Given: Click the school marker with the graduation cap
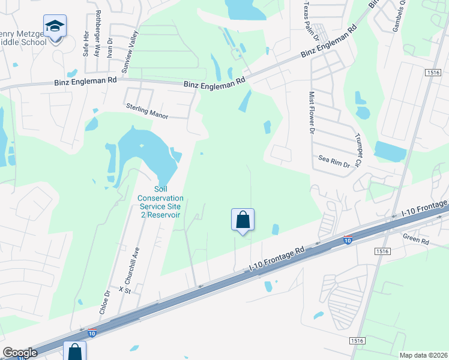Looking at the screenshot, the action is [x=55, y=27].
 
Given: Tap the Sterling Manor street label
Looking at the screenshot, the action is [x=147, y=110].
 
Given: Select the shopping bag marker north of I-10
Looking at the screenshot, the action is [x=243, y=220].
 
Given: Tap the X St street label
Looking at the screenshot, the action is [x=125, y=289].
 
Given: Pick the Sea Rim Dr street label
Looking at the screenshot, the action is [x=334, y=161].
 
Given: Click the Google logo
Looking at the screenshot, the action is [x=20, y=353].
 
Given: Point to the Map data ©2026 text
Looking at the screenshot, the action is [x=423, y=355].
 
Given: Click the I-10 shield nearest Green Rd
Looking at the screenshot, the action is [x=348, y=241].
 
